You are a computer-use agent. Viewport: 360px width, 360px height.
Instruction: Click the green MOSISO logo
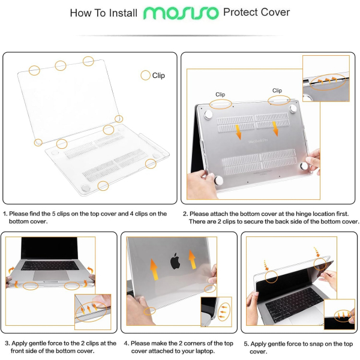181,13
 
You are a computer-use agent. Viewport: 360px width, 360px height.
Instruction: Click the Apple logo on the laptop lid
175,261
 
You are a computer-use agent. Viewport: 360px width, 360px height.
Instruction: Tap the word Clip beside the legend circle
158,76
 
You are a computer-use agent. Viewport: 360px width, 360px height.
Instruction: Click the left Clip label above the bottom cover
220,94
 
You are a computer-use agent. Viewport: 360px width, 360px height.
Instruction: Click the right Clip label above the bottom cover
277,91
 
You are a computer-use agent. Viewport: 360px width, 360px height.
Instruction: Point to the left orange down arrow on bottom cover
239,132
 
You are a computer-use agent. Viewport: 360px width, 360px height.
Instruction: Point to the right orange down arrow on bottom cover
275,129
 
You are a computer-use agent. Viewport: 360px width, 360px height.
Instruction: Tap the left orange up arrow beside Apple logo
154,269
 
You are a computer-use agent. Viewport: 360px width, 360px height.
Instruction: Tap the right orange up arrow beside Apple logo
192,259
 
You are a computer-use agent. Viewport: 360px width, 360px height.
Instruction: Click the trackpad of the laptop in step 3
51,275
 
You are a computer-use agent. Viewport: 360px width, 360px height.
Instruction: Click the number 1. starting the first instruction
5,214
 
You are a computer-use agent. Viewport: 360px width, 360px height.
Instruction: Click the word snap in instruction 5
313,344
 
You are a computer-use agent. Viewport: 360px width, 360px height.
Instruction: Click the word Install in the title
123,13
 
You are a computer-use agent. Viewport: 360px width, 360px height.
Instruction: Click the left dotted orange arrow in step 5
266,265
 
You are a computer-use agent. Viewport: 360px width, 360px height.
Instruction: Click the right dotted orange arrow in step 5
317,252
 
